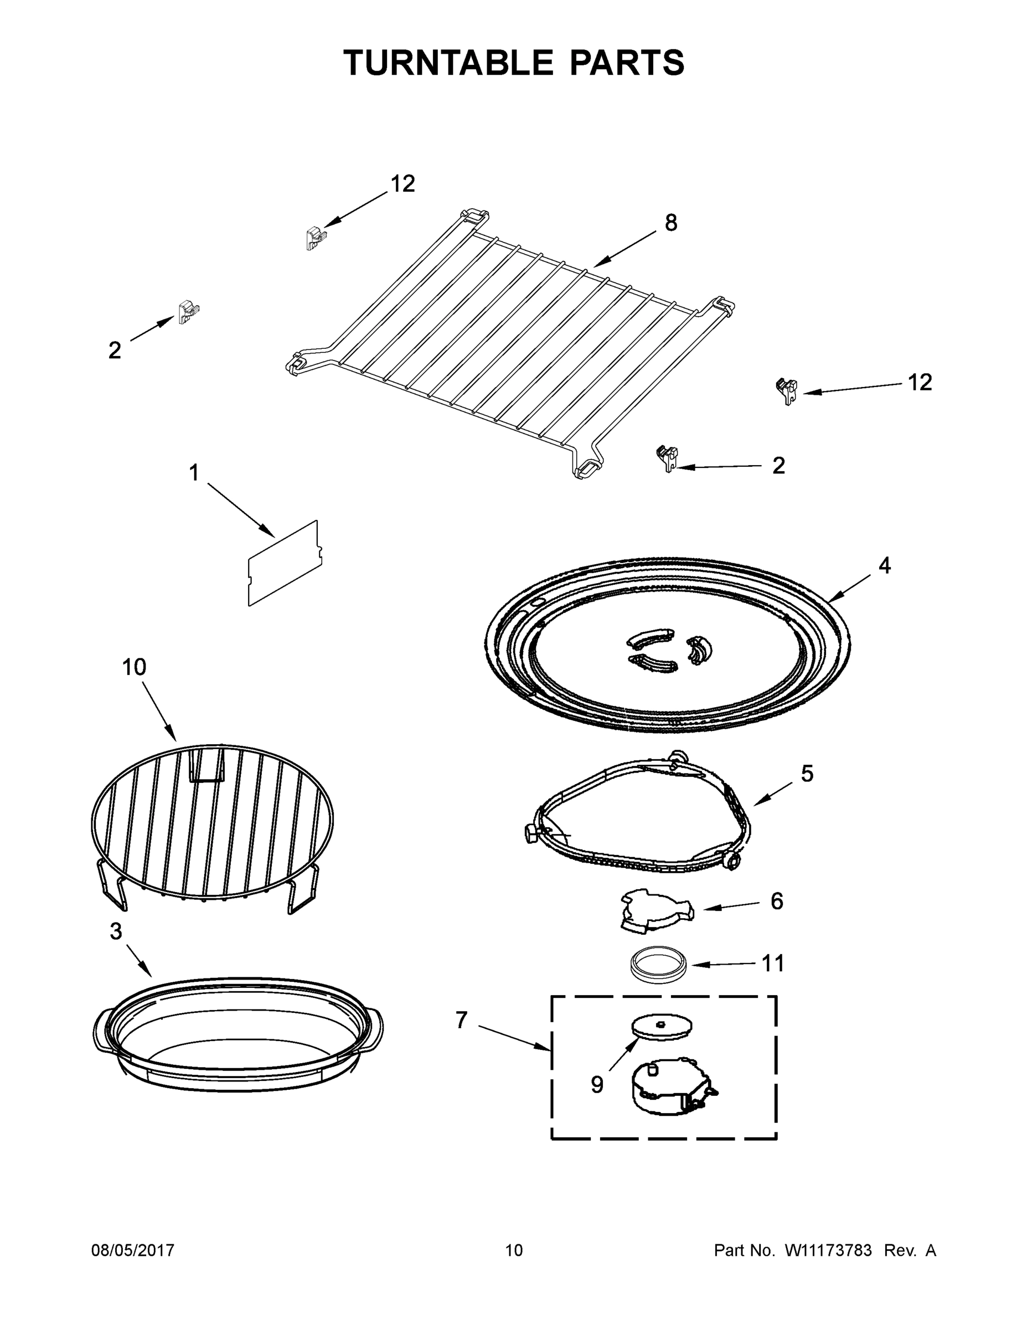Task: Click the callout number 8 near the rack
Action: tap(670, 223)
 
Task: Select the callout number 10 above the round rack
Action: tap(134, 667)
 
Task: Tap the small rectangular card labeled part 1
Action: tap(284, 563)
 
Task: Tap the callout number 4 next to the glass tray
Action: tap(884, 566)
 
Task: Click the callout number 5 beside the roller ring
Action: tap(807, 774)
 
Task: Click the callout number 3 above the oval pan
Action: tap(116, 931)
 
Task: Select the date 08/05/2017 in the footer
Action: tap(133, 1250)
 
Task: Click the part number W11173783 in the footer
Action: tap(828, 1250)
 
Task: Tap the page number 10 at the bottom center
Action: tap(514, 1250)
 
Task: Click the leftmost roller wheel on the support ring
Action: tap(530, 832)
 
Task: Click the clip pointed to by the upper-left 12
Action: tap(313, 238)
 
